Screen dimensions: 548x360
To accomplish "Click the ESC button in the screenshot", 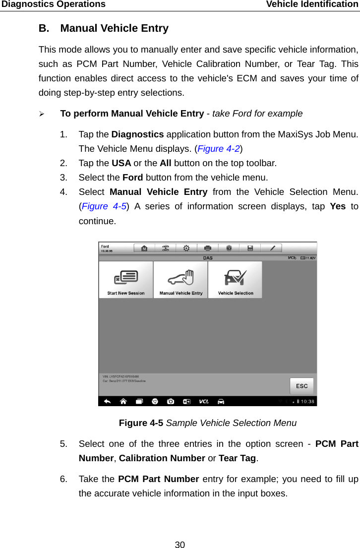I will coord(301,386).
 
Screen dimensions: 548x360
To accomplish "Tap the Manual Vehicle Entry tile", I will coord(180,280).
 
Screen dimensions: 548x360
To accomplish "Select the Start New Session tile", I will coord(126,280).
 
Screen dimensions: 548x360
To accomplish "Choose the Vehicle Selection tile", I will coord(236,280).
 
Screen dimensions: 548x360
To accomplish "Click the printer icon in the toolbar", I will coord(208,248).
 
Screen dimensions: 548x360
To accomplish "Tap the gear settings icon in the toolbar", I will coord(186,248).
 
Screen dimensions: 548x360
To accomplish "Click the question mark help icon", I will coord(229,248).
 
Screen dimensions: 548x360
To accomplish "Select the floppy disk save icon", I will coord(250,248).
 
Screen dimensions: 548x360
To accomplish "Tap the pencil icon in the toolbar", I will coord(272,248).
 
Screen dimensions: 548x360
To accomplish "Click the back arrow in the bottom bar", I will coord(108,401).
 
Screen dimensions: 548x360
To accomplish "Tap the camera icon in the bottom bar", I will coord(171,401).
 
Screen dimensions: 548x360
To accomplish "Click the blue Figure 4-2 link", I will coord(218,148).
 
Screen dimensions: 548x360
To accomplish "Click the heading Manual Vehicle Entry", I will coord(114,28).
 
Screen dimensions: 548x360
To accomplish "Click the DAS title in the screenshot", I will coord(208,258).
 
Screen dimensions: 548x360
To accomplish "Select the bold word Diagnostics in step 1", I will coord(137,134).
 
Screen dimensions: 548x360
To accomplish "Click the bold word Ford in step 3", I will coord(133,177).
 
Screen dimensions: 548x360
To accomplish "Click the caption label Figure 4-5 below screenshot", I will coord(141,423).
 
